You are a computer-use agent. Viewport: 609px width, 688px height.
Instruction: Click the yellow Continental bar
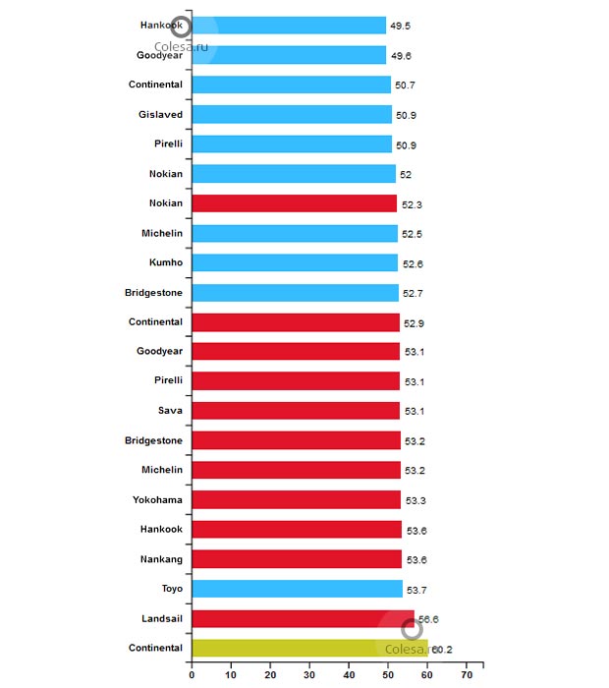coord(295,648)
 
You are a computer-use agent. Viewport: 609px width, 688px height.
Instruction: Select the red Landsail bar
coord(295,618)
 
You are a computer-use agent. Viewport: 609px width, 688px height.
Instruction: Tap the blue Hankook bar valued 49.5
coord(295,26)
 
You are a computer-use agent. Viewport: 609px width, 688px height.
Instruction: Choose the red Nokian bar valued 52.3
coord(294,203)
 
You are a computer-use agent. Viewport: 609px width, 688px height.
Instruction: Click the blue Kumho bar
coord(295,262)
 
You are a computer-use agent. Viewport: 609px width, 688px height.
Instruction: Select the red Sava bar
coord(296,410)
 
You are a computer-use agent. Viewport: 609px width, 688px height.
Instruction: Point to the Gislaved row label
coord(160,114)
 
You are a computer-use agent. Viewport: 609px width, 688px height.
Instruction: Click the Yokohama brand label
coord(157,499)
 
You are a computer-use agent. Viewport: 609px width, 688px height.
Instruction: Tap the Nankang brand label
coord(159,558)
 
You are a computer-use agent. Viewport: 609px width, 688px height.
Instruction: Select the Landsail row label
coord(159,617)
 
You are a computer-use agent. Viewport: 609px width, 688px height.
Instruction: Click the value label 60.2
coord(442,650)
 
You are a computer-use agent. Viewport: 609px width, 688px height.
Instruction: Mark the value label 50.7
coord(406,86)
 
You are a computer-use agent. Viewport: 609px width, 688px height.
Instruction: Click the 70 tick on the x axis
coord(467,676)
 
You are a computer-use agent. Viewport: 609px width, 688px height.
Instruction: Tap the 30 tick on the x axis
coord(309,676)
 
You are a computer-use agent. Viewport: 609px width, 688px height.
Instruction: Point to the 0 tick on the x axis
coord(192,676)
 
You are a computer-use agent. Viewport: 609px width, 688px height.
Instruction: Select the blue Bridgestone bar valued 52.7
coord(295,292)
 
